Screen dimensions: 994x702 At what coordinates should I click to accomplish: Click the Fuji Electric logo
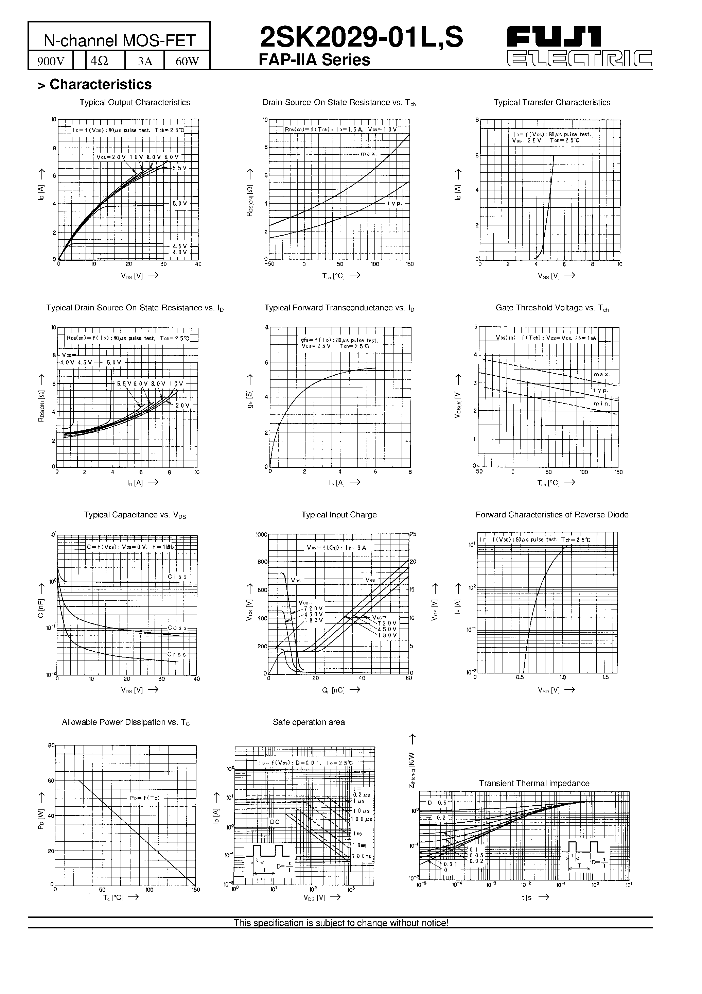[x=580, y=48]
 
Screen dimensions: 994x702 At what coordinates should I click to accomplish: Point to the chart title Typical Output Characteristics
[x=135, y=103]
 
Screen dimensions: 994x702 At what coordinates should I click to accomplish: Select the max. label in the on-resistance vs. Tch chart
[x=369, y=154]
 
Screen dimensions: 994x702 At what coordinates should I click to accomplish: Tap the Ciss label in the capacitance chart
[x=177, y=577]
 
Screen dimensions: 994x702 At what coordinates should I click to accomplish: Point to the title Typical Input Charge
[x=339, y=515]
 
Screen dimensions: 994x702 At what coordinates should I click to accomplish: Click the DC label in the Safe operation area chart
[x=275, y=822]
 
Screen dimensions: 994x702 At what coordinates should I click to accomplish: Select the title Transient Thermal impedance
[x=534, y=783]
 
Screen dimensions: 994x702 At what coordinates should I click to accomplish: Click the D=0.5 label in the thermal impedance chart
[x=437, y=802]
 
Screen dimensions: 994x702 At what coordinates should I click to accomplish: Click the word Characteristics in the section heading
[x=101, y=84]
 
